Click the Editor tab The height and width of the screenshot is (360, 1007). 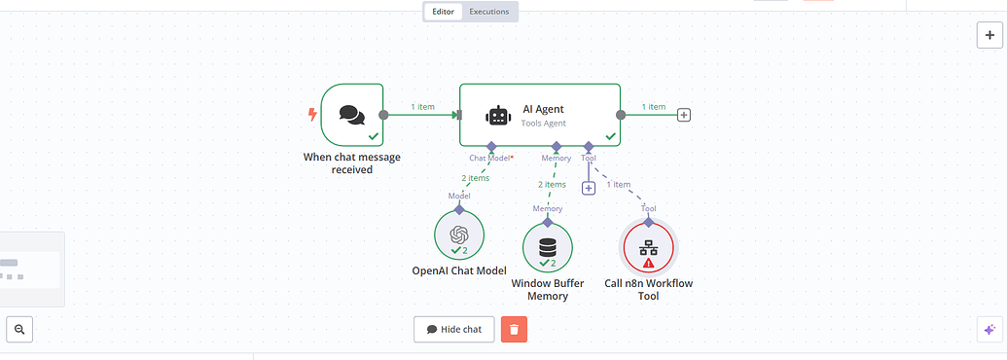point(443,12)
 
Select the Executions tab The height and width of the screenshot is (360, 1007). point(488,12)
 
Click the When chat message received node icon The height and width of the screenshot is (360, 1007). point(351,115)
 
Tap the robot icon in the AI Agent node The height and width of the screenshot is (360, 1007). point(498,115)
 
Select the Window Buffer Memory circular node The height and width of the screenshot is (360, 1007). point(548,248)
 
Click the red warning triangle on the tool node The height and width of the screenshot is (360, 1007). point(649,264)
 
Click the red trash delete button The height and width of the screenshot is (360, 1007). point(514,329)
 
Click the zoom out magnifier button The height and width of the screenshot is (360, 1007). point(19,330)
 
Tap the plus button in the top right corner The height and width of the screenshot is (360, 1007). point(989,34)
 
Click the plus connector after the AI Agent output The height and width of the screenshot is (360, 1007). point(684,115)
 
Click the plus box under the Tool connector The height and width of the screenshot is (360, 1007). point(589,188)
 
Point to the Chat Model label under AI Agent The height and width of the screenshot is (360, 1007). point(490,158)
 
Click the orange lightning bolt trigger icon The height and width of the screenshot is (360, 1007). point(312,115)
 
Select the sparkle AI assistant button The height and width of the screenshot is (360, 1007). point(989,330)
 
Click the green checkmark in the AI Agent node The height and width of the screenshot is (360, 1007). point(610,136)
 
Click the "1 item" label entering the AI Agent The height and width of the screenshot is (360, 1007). point(422,106)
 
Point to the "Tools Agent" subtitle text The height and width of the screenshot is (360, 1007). point(544,124)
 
